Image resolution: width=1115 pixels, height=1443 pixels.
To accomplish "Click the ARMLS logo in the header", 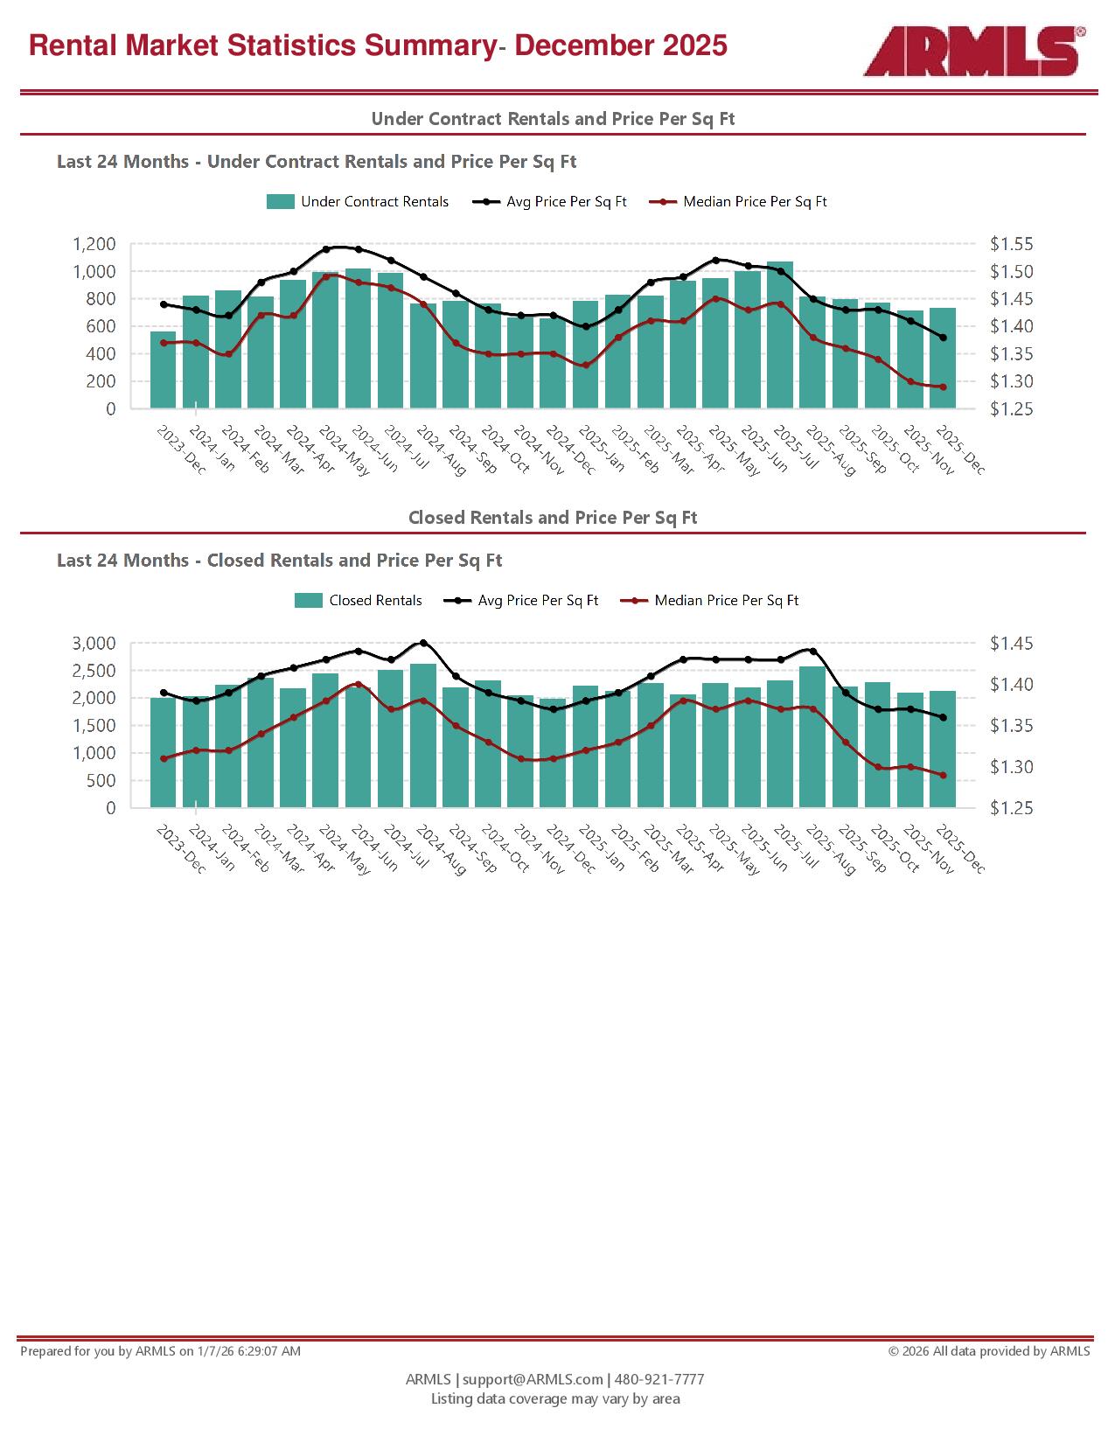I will (972, 51).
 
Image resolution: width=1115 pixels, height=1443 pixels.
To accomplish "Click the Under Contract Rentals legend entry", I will (358, 202).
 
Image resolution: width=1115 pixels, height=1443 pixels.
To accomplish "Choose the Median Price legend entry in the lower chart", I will (710, 601).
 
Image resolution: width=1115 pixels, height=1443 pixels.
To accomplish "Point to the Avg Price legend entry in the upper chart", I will (550, 202).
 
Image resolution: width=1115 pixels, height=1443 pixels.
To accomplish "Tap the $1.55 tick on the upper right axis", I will (1012, 244).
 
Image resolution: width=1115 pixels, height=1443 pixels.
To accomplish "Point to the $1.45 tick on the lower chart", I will (1012, 644).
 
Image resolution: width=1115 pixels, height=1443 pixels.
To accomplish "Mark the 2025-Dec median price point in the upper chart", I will (943, 387).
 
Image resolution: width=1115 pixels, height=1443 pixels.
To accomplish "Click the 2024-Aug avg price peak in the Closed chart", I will (423, 643).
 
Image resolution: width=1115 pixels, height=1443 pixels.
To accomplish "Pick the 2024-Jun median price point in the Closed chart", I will (358, 684).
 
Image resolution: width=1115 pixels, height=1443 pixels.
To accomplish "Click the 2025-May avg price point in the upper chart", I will (715, 260).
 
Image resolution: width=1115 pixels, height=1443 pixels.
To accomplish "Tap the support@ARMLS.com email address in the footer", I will (533, 1379).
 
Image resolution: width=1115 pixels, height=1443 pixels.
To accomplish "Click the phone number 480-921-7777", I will (659, 1379).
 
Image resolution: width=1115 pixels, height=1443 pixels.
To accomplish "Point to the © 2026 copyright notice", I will (989, 1351).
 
